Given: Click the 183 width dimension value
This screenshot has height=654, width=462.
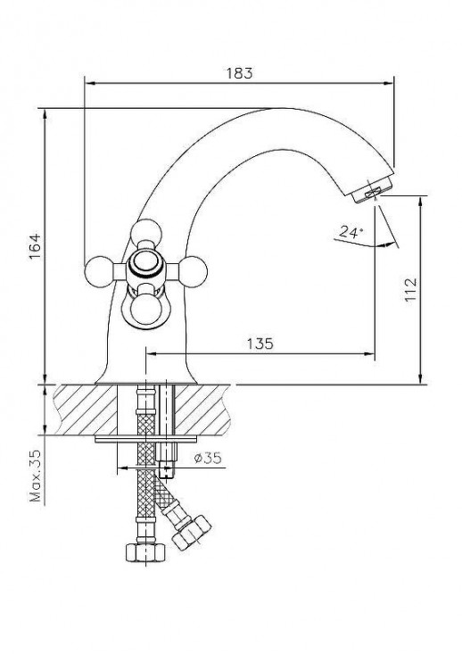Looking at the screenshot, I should coord(241,73).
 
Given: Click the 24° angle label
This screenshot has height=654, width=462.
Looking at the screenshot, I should coord(351,232).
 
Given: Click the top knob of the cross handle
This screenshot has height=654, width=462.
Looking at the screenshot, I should coord(143,234).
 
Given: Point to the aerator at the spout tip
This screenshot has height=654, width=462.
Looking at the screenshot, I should coord(372,190).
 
